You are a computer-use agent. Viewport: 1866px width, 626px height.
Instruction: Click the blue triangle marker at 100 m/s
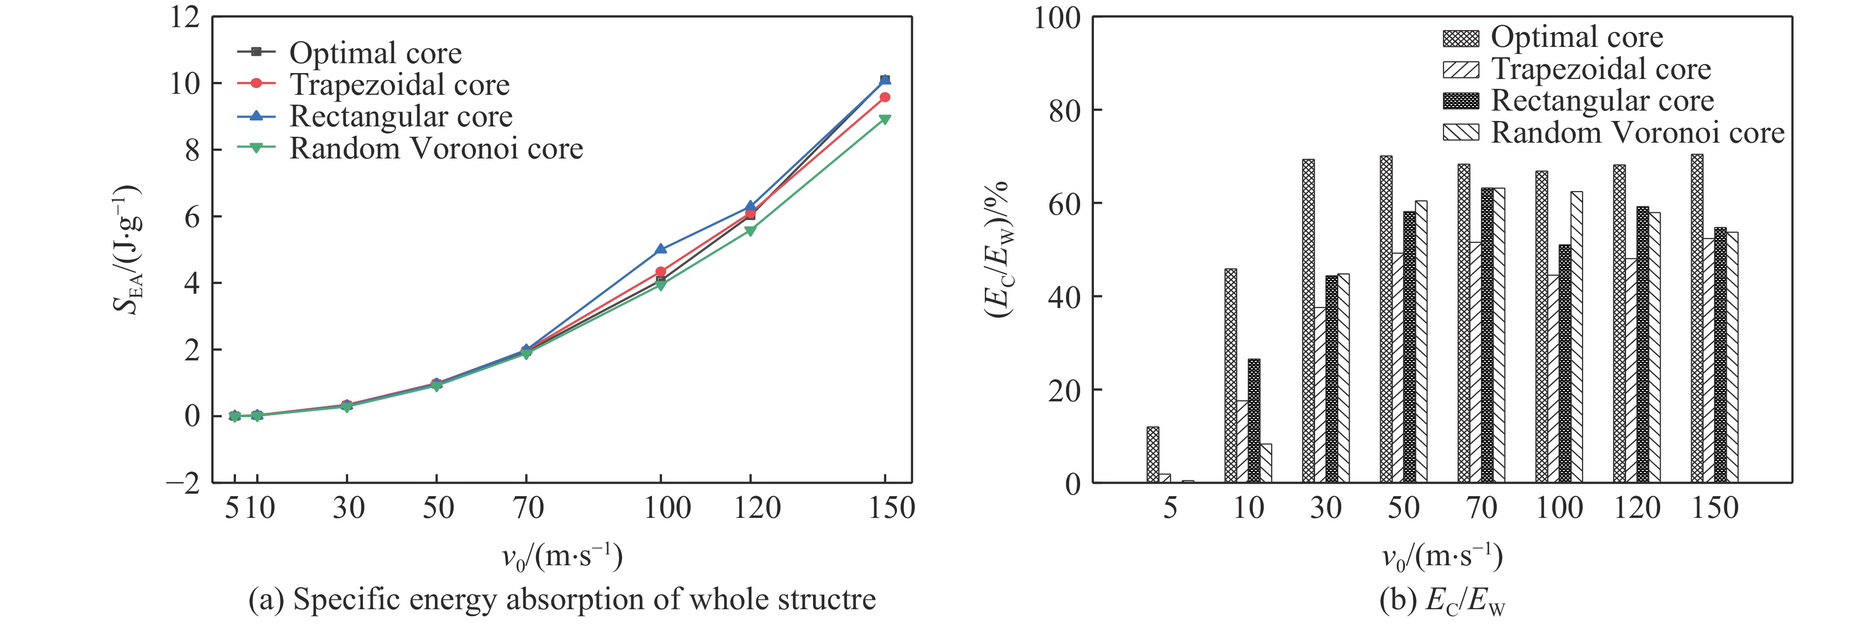(661, 248)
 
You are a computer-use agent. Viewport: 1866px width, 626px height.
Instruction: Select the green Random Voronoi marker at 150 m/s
(885, 119)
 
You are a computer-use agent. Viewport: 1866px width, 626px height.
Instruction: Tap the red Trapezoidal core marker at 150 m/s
(885, 97)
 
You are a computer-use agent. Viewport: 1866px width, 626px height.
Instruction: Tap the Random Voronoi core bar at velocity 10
(1266, 463)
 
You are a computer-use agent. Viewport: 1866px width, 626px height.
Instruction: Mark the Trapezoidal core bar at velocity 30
(1320, 395)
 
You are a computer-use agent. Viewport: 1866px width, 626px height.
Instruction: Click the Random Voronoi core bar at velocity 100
(1576, 337)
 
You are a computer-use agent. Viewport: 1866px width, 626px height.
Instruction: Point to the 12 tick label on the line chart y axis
(185, 17)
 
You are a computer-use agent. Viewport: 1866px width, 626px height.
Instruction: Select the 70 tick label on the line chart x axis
(528, 508)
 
